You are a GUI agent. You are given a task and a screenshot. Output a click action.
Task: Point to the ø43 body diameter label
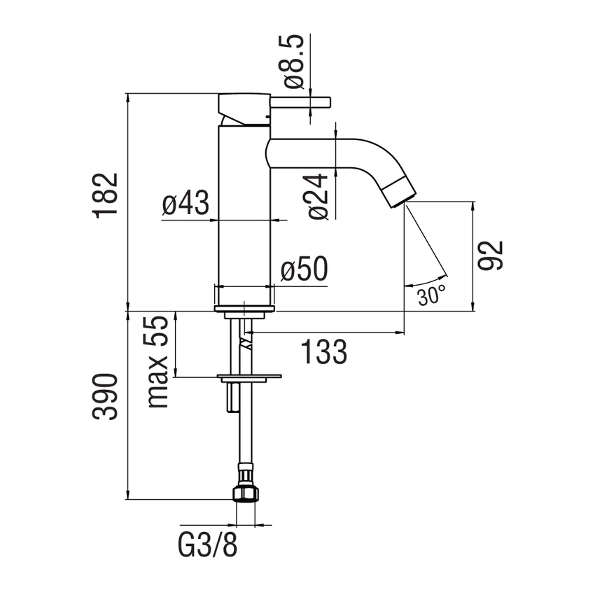(185, 204)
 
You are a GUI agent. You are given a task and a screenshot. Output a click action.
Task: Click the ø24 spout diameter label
(318, 197)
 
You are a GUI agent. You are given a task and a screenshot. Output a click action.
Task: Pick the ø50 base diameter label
(303, 271)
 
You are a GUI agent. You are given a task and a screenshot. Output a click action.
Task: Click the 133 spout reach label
(324, 351)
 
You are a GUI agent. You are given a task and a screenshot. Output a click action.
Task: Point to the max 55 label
(159, 362)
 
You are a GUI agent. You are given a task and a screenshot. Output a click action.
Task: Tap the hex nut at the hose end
(244, 494)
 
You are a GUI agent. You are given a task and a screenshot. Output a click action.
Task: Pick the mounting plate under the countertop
(249, 379)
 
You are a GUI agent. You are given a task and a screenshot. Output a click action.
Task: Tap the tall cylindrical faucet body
(244, 210)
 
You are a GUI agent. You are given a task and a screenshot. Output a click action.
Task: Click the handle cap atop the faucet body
(244, 106)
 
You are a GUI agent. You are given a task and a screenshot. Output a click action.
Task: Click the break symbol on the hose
(245, 343)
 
